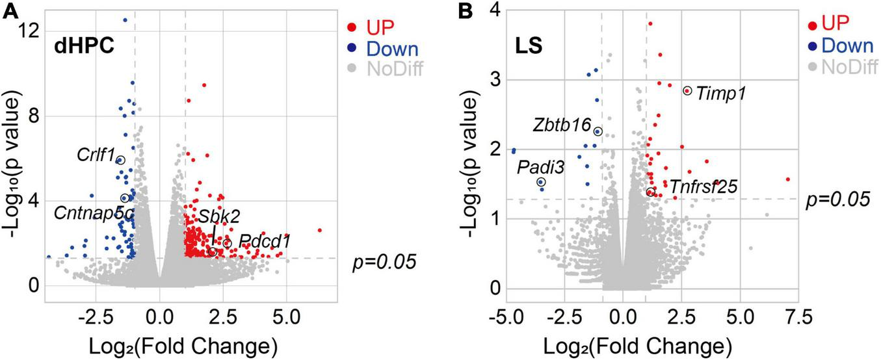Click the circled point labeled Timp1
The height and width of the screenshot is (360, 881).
coord(687,91)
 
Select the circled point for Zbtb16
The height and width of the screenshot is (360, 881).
coord(598,131)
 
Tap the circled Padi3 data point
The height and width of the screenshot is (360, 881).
coord(541,183)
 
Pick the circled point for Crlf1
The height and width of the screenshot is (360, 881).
coord(120,160)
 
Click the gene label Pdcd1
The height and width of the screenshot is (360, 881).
coord(263,241)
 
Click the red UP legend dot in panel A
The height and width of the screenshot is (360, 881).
coord(351,28)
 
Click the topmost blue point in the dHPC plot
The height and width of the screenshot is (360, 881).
coord(125,20)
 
